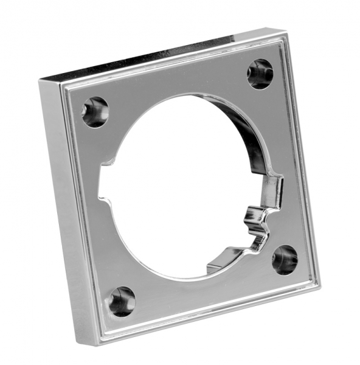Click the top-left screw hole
[x=95, y=112]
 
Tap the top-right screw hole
[x=260, y=74]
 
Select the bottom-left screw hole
[x=123, y=300]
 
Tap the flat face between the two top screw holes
[x=176, y=85]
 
